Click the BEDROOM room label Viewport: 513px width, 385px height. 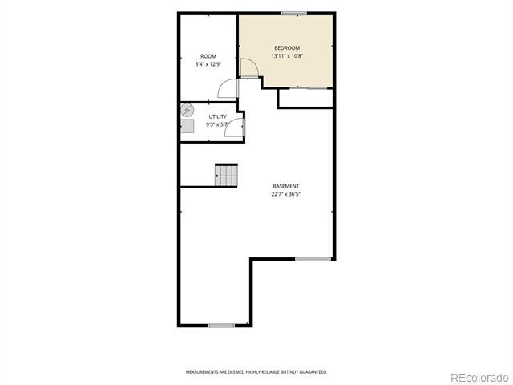click(x=287, y=48)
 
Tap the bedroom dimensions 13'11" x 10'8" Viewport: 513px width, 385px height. click(x=287, y=55)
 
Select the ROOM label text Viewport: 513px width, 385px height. click(x=208, y=56)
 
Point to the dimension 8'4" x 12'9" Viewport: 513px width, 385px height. click(x=208, y=64)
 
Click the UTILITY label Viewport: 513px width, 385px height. click(x=217, y=116)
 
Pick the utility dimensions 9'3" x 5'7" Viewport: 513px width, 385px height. click(x=217, y=124)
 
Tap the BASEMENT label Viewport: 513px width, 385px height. click(x=286, y=186)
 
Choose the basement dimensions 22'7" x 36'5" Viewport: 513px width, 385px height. click(x=286, y=194)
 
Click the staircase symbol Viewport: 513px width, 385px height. click(x=226, y=175)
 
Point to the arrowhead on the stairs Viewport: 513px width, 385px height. click(x=216, y=176)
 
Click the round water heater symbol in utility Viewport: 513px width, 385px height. click(x=187, y=111)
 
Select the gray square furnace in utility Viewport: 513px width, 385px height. click(x=188, y=126)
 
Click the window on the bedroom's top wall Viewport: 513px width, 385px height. click(x=294, y=14)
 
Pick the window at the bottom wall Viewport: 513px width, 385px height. click(x=221, y=326)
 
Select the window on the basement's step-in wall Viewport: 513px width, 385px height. click(x=313, y=259)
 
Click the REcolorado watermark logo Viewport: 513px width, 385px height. click(x=479, y=378)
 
